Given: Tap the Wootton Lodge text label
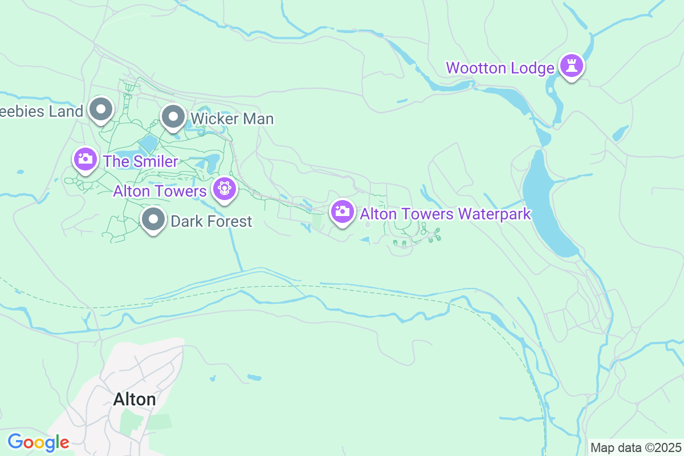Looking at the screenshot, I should (x=500, y=68).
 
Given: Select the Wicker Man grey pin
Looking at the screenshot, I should (x=173, y=117).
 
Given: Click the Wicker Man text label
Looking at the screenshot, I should (x=232, y=119).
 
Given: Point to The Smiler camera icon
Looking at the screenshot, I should (x=85, y=159).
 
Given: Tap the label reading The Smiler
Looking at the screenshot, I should (x=140, y=161).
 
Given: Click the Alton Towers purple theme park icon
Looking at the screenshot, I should (x=223, y=189).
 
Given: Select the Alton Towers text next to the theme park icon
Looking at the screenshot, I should (x=159, y=190).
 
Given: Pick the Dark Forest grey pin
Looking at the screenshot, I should (x=153, y=219).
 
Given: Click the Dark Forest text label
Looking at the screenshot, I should (x=211, y=221).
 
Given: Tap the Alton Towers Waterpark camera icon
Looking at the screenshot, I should (x=342, y=211).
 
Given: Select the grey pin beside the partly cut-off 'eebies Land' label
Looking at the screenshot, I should (x=101, y=109).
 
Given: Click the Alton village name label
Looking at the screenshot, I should (x=135, y=399).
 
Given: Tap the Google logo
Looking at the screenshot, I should (x=38, y=442).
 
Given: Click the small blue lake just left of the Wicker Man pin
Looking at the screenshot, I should (x=148, y=144).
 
